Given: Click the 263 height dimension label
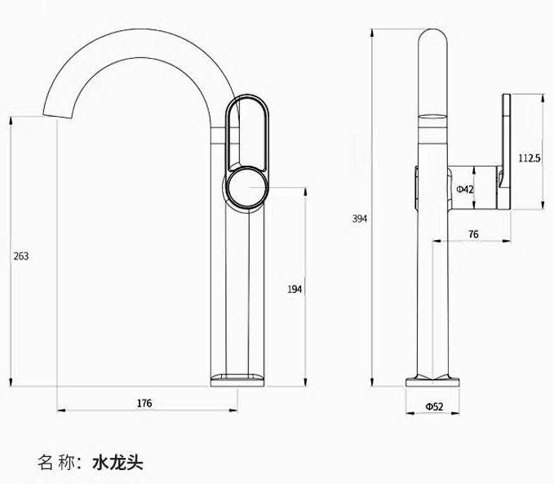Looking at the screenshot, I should [x=21, y=255].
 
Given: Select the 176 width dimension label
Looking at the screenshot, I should [x=144, y=402].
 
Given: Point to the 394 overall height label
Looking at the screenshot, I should [x=359, y=219].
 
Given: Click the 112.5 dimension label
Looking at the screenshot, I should [x=530, y=158].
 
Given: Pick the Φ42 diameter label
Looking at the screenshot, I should [x=465, y=189].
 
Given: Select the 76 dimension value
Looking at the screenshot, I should [x=473, y=234].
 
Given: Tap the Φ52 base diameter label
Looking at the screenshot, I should [x=433, y=406].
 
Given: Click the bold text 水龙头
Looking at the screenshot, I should [x=117, y=463].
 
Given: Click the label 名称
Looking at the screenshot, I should [x=55, y=463].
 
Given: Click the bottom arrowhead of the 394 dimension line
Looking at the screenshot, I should [x=373, y=381].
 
